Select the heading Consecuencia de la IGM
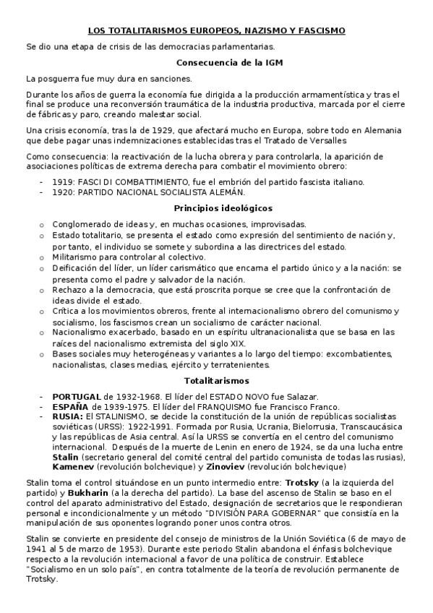[x=216, y=63]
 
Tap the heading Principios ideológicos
[x=216, y=207]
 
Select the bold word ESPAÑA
[x=69, y=407]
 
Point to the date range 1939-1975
[x=115, y=407]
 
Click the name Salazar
[x=301, y=397]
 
